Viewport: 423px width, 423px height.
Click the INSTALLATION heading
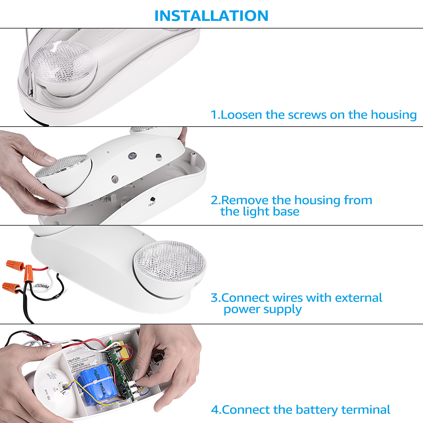(x=211, y=16)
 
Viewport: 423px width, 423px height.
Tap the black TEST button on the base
(x=153, y=199)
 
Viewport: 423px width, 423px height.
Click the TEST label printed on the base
(x=152, y=204)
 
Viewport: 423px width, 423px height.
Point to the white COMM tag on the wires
(x=42, y=287)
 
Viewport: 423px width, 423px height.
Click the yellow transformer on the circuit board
(x=124, y=351)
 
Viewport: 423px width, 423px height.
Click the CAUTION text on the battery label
(x=74, y=360)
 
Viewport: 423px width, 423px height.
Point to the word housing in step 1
(x=393, y=115)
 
